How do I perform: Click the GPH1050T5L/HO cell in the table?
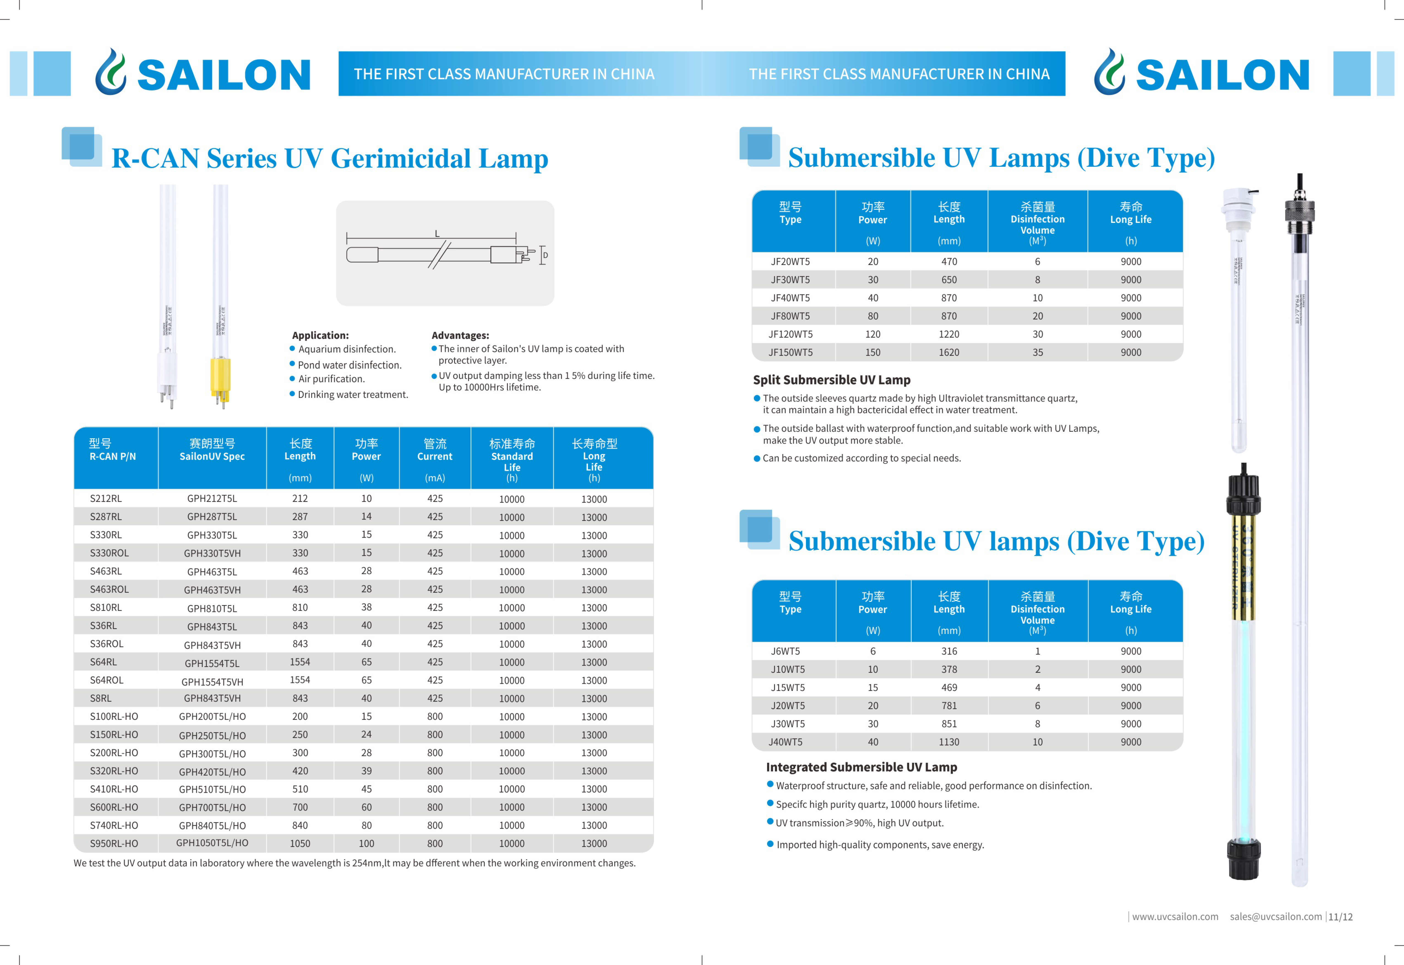pos(212,843)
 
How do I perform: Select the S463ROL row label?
pos(110,589)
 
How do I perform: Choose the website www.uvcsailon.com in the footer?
pos(1175,917)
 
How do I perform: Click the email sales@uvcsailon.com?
pos(1276,917)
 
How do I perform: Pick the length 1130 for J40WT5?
pos(949,742)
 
